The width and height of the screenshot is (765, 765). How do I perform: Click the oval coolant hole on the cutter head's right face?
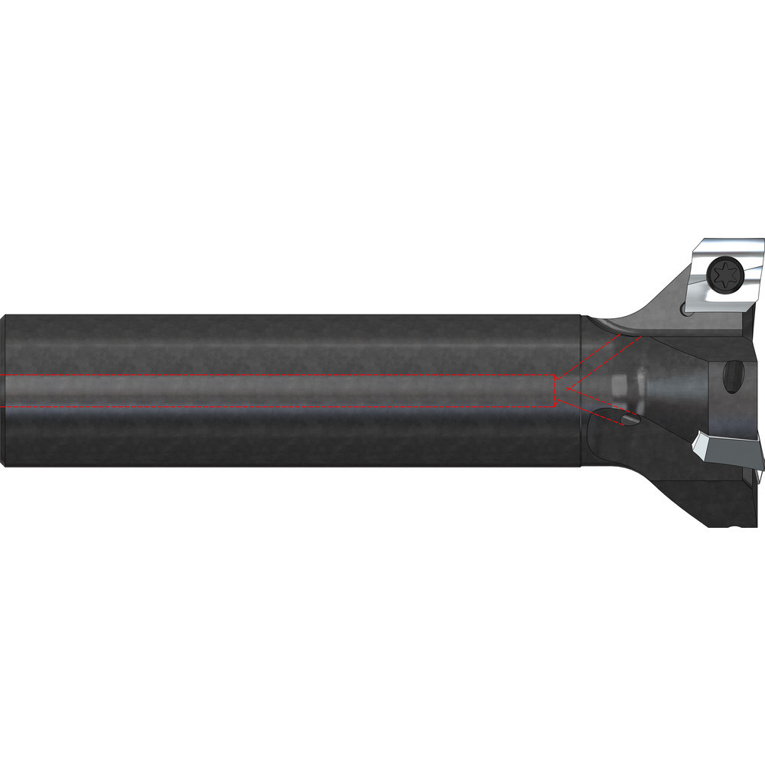coord(734,377)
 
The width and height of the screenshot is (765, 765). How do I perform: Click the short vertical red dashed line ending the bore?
coord(554,390)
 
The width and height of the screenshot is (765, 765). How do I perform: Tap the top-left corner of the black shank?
coord(8,315)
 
